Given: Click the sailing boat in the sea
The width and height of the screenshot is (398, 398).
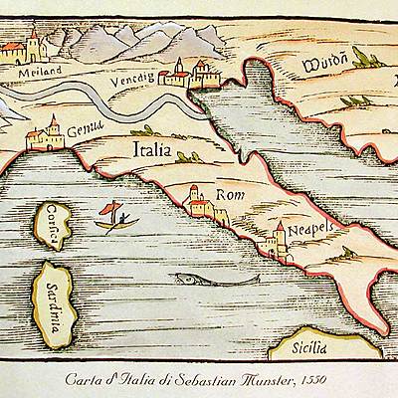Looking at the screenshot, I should coord(113,216).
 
